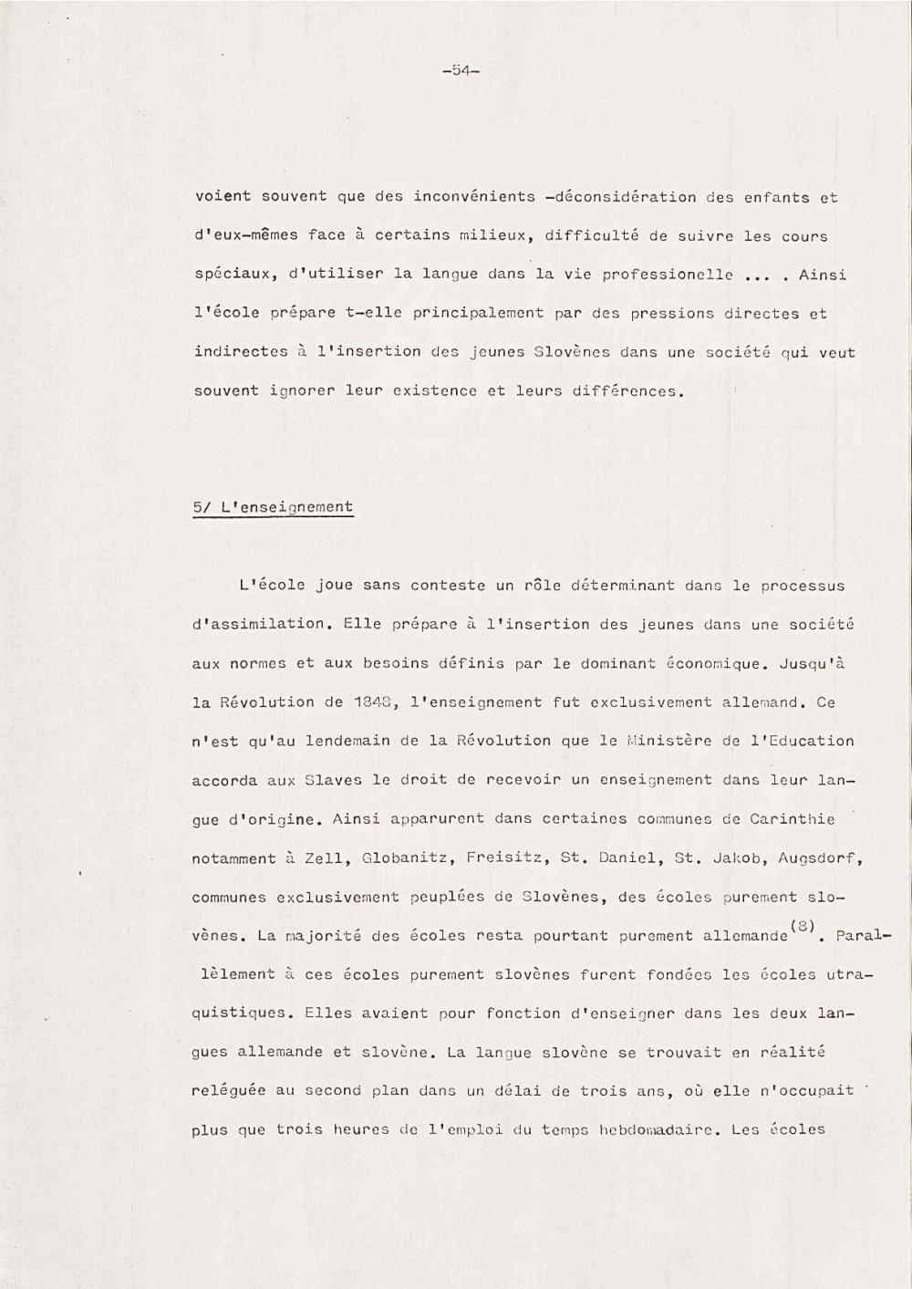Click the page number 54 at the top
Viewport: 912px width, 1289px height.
(x=460, y=71)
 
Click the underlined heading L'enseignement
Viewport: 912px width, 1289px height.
(x=286, y=508)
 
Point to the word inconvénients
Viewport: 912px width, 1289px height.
(x=474, y=197)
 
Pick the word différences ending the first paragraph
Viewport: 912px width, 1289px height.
(x=627, y=391)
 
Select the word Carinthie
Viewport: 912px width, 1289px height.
(x=792, y=818)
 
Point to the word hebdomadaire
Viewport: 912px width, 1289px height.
(x=657, y=1130)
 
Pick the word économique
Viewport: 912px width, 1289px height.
(x=718, y=663)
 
